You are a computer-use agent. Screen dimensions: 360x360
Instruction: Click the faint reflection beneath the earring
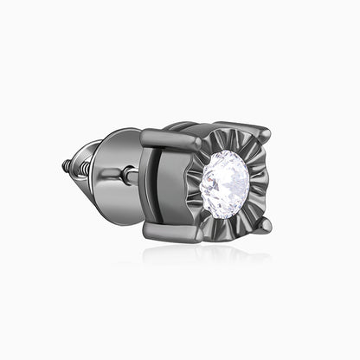[x=199, y=255]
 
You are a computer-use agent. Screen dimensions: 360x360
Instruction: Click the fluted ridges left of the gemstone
[x=196, y=183]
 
